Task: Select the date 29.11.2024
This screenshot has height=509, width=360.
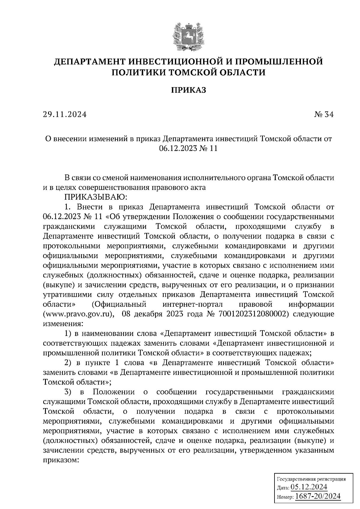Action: tap(64, 115)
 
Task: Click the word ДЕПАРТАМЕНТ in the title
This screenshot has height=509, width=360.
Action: tap(89, 62)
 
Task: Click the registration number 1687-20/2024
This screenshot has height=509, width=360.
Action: tap(318, 496)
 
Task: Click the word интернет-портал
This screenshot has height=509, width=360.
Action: tap(192, 305)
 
